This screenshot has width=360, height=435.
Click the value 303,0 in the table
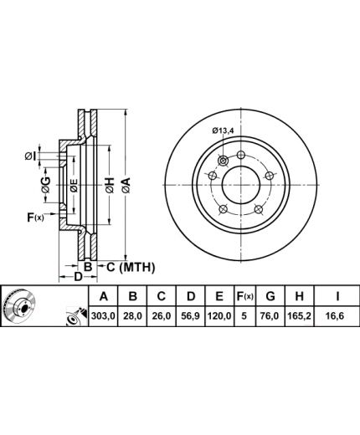[103, 316]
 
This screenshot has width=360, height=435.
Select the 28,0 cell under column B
[132, 316]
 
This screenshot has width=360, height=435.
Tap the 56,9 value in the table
[190, 316]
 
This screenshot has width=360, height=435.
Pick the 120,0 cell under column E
[219, 316]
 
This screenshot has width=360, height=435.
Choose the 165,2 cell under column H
[299, 316]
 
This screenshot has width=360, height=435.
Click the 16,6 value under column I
[337, 316]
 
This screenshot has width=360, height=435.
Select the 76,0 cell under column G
[270, 316]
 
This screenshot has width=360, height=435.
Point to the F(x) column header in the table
[244, 296]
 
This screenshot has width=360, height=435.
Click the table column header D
[191, 296]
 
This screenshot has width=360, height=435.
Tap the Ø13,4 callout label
[223, 130]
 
